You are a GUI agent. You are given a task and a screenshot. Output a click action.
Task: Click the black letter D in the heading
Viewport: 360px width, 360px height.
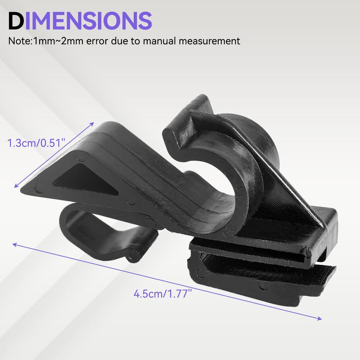pyautogui.click(x=16, y=21)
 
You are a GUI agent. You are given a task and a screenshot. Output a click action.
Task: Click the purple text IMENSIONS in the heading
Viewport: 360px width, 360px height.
pyautogui.click(x=88, y=21)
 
